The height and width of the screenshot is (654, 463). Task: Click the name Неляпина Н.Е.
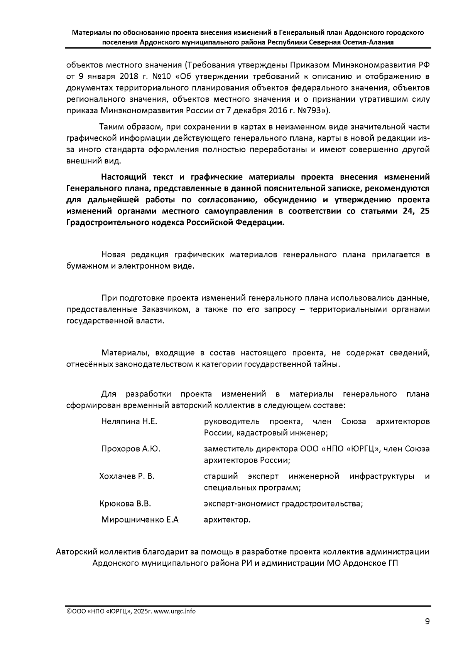129,421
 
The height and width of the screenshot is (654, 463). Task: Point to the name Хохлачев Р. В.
127,476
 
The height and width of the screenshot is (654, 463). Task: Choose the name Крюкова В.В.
125,504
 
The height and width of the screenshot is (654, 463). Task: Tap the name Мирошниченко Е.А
140,520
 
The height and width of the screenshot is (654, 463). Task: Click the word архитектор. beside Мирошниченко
227,520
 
